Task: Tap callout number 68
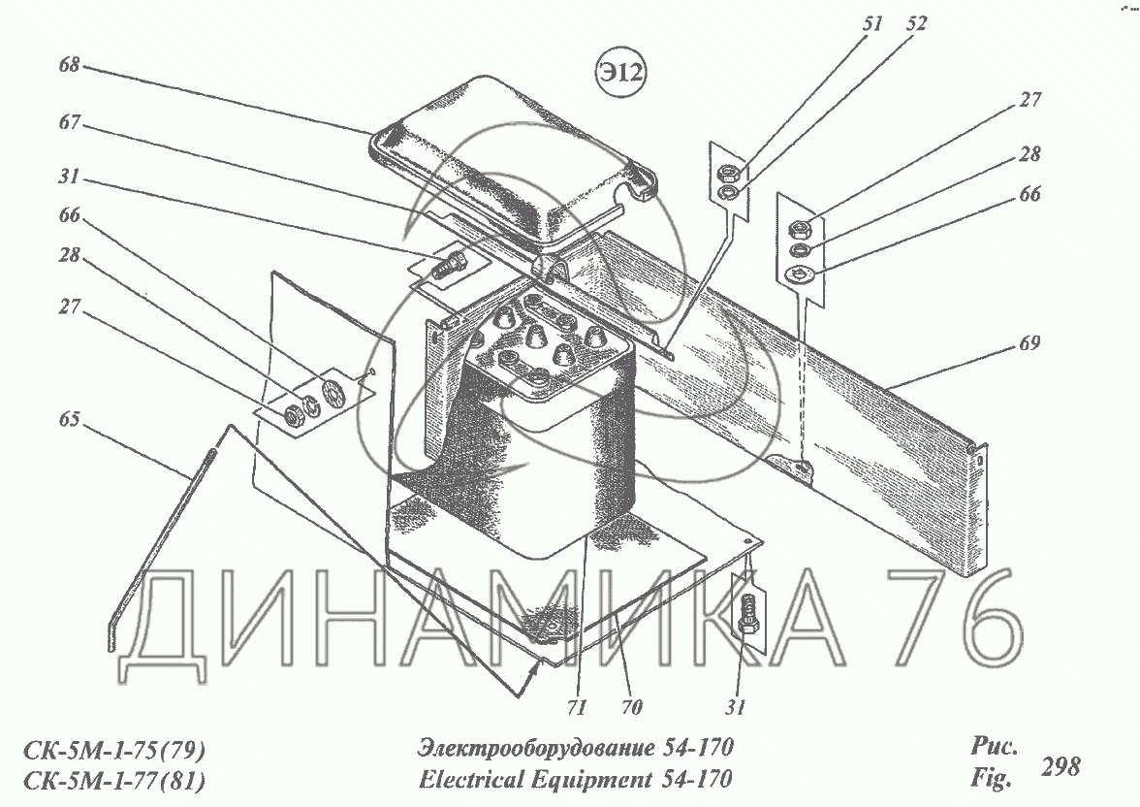(69, 65)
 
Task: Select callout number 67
(70, 121)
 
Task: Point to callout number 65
(70, 419)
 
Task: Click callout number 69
(1029, 342)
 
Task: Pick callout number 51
(872, 24)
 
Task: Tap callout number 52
(917, 24)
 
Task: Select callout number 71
(577, 706)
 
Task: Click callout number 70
(631, 706)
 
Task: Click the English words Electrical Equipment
(535, 779)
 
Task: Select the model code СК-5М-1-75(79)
(114, 750)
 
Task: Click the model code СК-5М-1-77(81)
(114, 781)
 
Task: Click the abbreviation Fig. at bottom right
(991, 779)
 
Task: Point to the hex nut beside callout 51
(728, 174)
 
